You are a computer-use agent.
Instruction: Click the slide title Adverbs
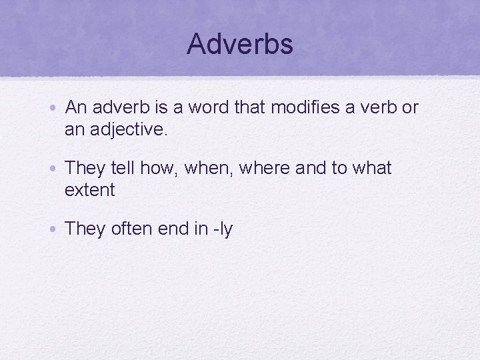(x=240, y=44)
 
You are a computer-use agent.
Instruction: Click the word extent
(x=89, y=190)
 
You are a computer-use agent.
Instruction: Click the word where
(x=265, y=168)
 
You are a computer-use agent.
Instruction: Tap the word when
(x=207, y=168)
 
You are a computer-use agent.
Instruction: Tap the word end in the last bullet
(x=173, y=229)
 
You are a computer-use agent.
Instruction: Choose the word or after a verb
(x=409, y=107)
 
